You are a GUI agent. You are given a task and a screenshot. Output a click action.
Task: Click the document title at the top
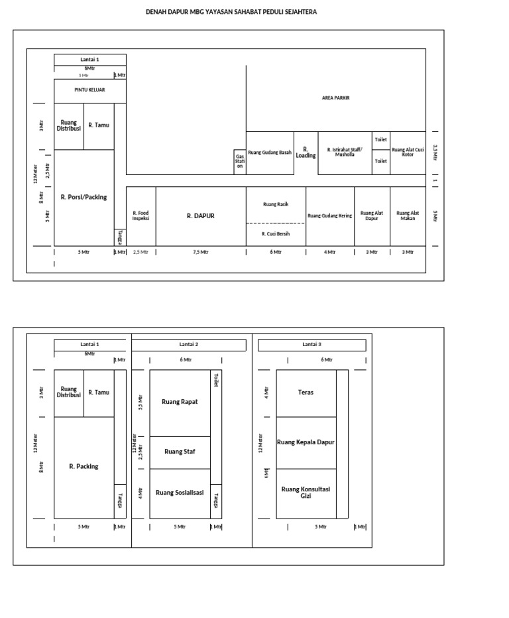point(231,11)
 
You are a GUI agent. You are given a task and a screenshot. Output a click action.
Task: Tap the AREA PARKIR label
point(335,97)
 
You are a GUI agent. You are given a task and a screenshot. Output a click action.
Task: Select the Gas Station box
point(240,162)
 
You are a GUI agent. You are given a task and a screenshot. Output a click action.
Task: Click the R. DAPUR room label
point(200,216)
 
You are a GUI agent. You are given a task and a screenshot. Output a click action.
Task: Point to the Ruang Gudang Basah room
point(270,153)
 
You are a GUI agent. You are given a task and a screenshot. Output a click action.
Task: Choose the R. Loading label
point(306,153)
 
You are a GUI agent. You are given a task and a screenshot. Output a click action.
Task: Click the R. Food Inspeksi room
point(141,216)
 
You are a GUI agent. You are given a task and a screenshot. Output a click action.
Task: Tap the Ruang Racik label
point(276,204)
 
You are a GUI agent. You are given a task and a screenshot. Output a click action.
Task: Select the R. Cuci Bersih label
point(276,233)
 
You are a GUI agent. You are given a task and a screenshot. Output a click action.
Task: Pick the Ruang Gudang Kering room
point(330,216)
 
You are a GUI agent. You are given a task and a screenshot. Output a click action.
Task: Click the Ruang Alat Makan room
point(408,216)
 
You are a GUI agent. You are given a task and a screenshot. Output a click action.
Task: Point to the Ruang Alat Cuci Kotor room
point(408,153)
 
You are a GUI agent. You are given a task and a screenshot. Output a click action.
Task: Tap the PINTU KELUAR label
point(89,90)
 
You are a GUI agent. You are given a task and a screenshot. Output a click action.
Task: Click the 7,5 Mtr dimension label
point(200,252)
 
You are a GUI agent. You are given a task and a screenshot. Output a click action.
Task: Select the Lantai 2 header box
point(189,345)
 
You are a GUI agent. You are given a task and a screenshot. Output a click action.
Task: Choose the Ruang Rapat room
point(180,402)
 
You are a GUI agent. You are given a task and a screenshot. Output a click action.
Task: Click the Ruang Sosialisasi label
point(180,493)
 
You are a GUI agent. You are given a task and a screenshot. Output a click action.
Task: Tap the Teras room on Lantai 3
point(306,393)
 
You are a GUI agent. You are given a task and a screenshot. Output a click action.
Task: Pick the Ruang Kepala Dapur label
point(306,442)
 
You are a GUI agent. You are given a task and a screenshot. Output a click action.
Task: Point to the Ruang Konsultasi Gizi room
point(306,492)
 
